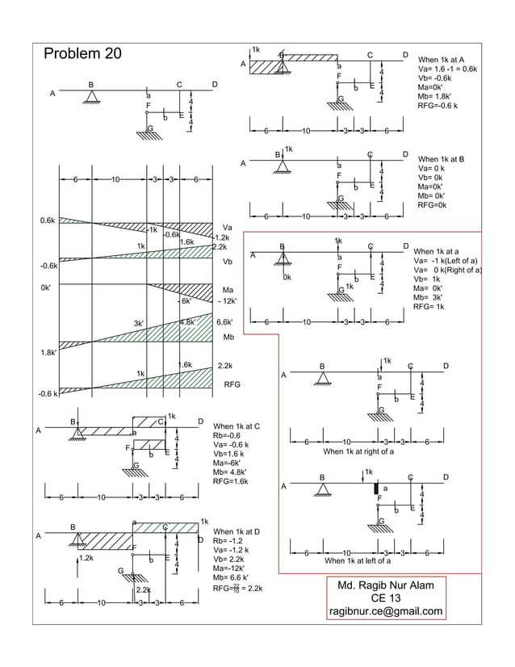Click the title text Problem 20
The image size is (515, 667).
82,54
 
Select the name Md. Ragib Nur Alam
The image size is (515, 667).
385,585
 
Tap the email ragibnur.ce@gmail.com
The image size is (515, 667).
385,611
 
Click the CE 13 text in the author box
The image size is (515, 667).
385,598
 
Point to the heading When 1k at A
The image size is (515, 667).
441,61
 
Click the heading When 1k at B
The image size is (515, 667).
441,159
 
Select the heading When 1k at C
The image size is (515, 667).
236,426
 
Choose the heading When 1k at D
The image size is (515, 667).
236,531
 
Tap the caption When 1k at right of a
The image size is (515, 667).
358,451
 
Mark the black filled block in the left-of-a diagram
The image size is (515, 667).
375,488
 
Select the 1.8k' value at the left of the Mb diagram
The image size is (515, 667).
49,352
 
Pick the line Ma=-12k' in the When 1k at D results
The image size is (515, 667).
230,568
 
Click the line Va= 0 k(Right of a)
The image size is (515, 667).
447,271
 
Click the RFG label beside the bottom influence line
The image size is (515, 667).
232,385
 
